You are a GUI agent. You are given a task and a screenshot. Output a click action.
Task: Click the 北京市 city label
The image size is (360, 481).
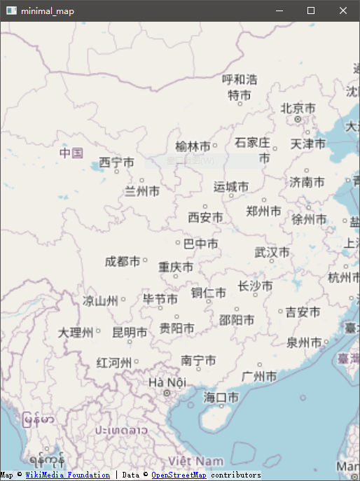298,109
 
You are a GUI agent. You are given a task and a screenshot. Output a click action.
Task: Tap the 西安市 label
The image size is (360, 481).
205,218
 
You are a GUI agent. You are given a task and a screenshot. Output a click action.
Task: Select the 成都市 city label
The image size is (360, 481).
122,261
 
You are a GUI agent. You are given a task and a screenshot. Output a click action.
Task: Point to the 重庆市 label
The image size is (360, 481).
176,267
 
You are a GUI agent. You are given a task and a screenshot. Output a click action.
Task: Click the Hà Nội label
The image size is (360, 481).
167,382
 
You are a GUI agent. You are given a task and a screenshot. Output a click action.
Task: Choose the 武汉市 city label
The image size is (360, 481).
272,252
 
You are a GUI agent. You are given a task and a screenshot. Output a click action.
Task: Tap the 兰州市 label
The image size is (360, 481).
142,190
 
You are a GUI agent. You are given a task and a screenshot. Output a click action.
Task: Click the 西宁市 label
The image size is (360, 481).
116,162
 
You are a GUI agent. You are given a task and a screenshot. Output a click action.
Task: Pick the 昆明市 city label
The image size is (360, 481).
130,333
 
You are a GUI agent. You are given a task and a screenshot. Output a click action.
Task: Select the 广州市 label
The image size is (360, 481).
258,377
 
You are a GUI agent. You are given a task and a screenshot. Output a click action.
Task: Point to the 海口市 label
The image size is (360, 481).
221,397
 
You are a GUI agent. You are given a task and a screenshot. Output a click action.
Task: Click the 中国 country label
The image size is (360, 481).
71,153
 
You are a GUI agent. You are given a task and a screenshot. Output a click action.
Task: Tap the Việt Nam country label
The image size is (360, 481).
196,461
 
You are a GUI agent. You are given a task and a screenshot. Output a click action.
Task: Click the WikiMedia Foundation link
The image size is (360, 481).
67,475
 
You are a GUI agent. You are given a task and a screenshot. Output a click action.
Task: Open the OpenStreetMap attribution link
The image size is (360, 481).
179,475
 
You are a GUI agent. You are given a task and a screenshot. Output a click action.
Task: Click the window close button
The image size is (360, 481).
343,11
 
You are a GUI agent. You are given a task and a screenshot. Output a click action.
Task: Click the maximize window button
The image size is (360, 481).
311,11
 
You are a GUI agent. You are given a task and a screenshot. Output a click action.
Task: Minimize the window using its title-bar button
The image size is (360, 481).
279,11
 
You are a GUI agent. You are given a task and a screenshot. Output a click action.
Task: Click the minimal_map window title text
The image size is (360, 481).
47,11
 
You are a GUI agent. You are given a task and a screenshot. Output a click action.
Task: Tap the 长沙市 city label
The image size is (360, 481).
255,286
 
